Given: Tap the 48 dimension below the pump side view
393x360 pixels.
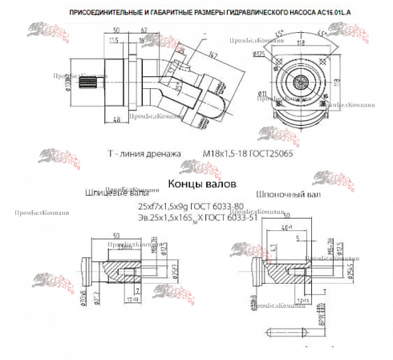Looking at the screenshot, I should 117,119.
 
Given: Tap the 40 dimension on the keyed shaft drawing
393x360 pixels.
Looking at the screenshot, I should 285,228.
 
